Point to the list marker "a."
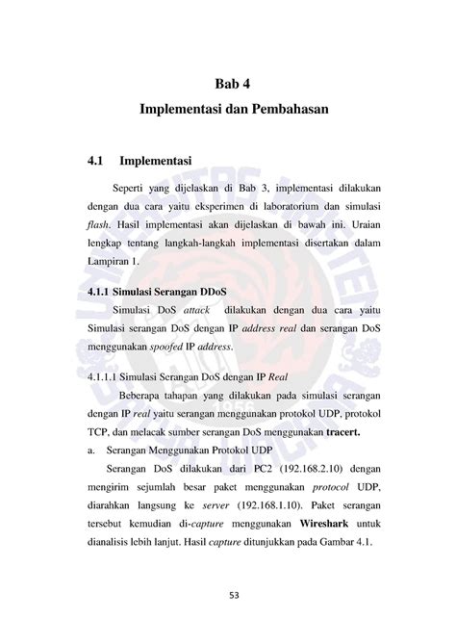pyautogui.click(x=89, y=451)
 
